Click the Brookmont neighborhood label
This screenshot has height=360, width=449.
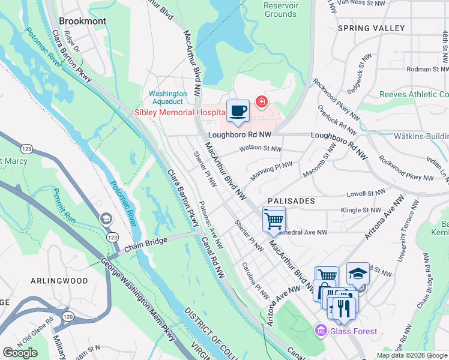tap(83, 21)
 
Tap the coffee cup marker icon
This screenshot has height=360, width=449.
tap(238, 112)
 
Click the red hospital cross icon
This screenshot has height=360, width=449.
tap(261, 101)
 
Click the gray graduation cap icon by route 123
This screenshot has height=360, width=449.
tap(106, 218)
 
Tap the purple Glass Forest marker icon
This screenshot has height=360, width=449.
tap(320, 331)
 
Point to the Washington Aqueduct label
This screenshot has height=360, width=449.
tap(168, 98)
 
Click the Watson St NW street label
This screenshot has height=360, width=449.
tap(260, 148)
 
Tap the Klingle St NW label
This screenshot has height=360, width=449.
tap(361, 211)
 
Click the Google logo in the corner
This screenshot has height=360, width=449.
tap(20, 352)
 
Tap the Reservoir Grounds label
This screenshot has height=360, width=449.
tap(280, 10)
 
